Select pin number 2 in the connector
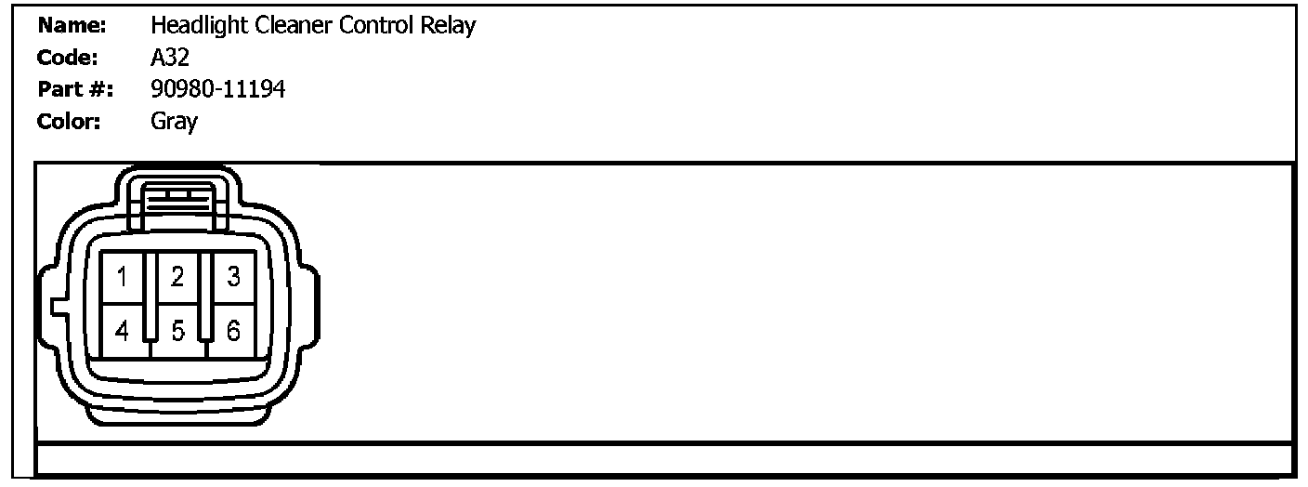tap(177, 276)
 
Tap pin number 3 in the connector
tap(233, 276)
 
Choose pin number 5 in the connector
tap(177, 330)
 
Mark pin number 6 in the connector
tap(233, 330)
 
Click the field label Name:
tap(72, 25)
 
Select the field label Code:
tap(68, 58)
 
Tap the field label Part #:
tap(74, 89)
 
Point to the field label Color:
tap(70, 121)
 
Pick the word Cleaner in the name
tap(286, 25)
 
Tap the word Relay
tap(450, 25)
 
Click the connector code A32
tap(170, 58)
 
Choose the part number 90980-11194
tap(217, 89)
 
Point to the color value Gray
tap(174, 122)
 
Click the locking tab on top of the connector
tap(177, 197)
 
